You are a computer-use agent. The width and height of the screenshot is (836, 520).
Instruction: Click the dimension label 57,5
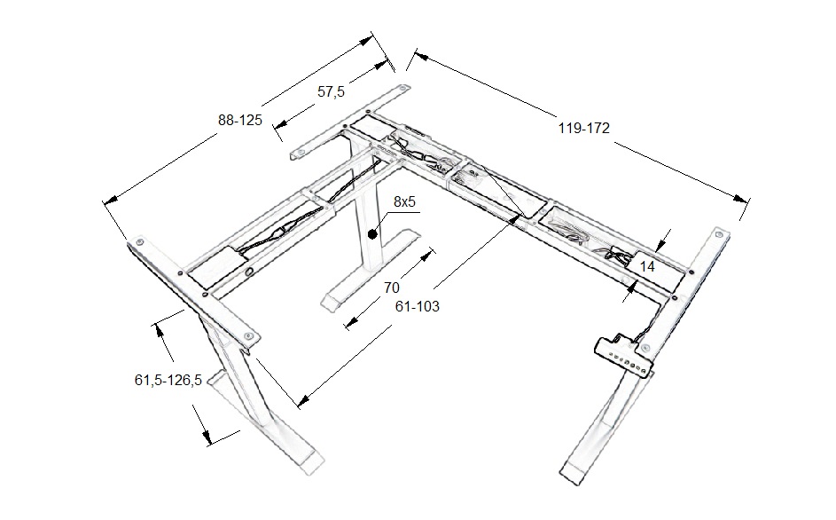[330, 91]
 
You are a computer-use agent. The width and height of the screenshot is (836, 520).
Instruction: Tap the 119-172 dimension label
[583, 128]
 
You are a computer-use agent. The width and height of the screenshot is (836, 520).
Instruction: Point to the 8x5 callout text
[405, 202]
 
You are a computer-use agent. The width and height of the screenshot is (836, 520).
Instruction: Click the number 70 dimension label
[391, 288]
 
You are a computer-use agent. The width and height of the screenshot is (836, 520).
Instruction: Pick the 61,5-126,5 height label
[168, 380]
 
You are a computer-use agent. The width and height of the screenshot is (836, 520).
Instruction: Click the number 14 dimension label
[647, 265]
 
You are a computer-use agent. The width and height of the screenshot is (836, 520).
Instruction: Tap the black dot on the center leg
[373, 235]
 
